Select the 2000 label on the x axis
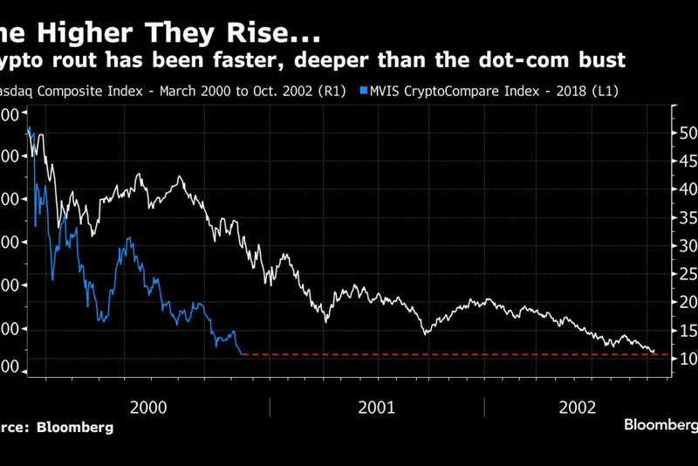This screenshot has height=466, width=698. (x=148, y=407)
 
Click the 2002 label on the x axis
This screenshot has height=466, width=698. (x=578, y=407)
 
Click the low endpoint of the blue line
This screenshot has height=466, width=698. (x=241, y=353)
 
